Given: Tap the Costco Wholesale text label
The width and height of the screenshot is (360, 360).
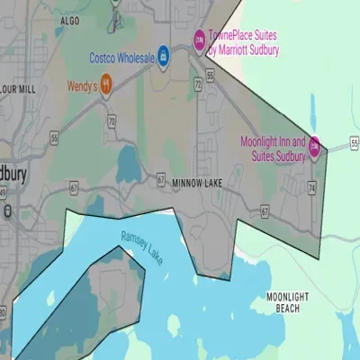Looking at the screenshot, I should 121,57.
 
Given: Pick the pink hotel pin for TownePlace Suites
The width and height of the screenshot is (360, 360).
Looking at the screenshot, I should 200,38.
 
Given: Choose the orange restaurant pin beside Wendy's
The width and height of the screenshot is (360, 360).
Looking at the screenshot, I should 106,85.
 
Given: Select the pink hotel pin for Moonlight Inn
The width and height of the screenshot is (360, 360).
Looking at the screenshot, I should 314,150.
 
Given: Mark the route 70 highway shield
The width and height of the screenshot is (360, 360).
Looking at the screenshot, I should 112,119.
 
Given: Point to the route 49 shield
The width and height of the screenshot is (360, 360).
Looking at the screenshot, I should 4,192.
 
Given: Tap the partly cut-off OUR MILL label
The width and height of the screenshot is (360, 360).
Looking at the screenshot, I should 18,89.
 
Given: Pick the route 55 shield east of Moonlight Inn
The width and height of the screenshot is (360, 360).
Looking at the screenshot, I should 355,142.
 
